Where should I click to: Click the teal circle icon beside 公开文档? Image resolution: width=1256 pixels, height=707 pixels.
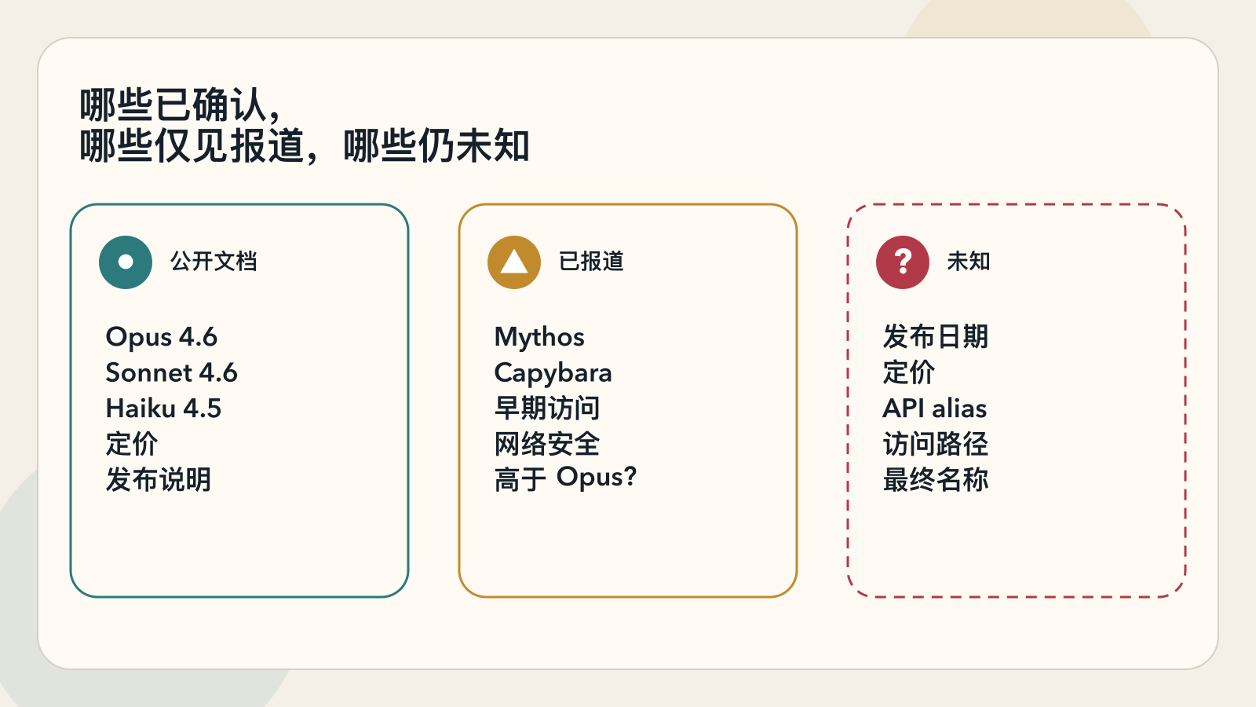126,262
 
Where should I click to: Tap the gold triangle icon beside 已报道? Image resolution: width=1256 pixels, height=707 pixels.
514,262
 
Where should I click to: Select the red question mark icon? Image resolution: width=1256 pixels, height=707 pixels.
903,262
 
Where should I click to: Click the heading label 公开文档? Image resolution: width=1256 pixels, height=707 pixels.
214,262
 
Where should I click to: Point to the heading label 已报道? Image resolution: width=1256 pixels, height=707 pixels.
591,262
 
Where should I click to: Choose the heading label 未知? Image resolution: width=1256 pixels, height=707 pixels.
969,262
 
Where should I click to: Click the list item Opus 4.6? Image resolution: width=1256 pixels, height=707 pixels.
162,337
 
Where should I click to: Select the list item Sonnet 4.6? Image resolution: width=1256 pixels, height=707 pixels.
172,373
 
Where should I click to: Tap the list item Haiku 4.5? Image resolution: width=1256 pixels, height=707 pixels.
164,408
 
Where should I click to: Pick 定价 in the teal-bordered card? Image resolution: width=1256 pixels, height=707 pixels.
132,444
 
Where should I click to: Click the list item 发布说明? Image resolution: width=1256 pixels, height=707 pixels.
159,479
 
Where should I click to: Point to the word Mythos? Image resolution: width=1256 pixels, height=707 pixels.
539,337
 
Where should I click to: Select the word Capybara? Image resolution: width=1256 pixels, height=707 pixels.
553,373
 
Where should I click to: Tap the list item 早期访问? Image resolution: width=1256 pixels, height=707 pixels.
547,408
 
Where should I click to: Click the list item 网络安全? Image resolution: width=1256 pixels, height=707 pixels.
547,444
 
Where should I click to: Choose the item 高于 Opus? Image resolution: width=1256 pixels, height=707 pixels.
565,478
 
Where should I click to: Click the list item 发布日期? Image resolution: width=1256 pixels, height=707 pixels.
936,337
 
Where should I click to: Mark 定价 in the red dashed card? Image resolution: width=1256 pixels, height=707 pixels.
909,372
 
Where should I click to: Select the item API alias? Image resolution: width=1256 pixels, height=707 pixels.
935,408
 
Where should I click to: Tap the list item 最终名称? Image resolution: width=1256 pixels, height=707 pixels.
936,479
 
